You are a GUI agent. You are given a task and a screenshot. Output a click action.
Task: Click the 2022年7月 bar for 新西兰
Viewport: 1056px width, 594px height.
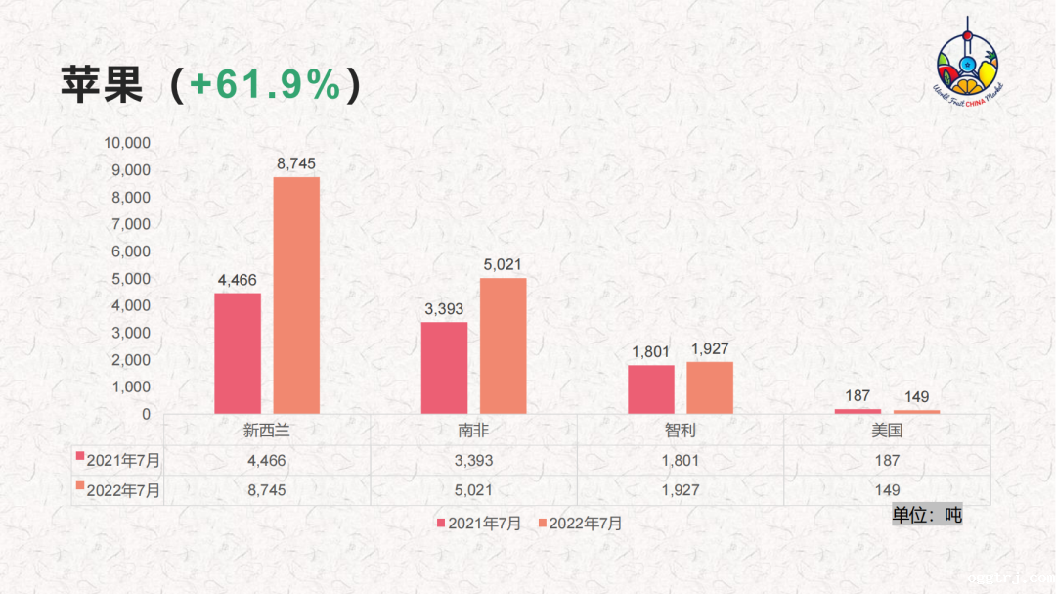click(x=296, y=295)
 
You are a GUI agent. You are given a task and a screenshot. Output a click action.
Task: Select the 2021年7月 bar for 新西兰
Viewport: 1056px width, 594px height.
click(x=238, y=353)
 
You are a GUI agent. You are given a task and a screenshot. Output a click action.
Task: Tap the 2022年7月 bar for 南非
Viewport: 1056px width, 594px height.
click(x=503, y=345)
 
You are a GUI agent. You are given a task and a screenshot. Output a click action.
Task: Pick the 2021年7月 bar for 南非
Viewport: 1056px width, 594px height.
click(x=444, y=368)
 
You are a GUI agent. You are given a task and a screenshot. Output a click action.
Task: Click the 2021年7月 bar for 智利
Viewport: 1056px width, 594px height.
click(x=651, y=389)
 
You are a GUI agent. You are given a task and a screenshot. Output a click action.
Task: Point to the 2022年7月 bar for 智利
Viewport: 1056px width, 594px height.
click(x=710, y=388)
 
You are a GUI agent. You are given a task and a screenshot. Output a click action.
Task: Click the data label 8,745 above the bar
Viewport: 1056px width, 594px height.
click(x=296, y=163)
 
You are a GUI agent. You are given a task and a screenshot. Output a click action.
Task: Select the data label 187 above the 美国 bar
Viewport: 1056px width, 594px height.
click(x=858, y=396)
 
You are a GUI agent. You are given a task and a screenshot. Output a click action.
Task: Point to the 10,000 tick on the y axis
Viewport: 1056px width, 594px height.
click(x=128, y=143)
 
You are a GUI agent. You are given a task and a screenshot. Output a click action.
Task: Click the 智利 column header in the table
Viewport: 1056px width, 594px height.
click(x=680, y=430)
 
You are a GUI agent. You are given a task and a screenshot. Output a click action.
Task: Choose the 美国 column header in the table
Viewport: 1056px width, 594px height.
click(x=886, y=430)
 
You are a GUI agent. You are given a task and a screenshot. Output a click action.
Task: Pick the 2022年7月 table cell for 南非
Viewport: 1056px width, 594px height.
click(x=473, y=489)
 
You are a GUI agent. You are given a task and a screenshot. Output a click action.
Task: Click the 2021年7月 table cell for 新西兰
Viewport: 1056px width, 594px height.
click(x=266, y=460)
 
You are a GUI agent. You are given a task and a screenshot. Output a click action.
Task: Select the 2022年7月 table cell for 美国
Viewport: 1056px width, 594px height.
click(x=886, y=489)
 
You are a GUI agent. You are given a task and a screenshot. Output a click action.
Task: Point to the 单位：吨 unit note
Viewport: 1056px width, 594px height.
click(x=927, y=515)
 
